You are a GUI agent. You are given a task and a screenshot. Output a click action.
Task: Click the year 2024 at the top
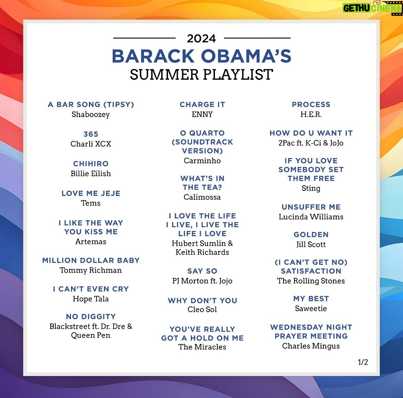(x=201, y=39)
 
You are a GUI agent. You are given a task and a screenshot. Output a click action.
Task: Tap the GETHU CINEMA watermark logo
(x=372, y=8)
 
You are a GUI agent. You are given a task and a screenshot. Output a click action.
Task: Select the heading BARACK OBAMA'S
(x=201, y=56)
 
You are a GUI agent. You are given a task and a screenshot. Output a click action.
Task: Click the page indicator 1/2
(x=363, y=362)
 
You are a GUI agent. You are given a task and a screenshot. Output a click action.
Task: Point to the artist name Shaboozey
(x=91, y=114)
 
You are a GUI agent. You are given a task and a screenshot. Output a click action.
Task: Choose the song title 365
(x=91, y=134)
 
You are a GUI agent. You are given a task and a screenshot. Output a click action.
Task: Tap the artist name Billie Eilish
(x=91, y=174)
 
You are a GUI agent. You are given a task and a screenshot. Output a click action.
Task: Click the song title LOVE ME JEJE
(x=91, y=193)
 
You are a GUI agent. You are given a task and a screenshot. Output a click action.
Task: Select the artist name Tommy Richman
(x=91, y=270)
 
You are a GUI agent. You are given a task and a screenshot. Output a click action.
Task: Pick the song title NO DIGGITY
(x=91, y=316)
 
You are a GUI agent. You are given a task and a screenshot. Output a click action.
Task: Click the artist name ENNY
(x=202, y=114)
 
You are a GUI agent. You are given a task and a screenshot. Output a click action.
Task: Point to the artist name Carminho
(x=202, y=160)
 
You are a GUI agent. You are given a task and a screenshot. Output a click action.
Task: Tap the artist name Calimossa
(x=202, y=197)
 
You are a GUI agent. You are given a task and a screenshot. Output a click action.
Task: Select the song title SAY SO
(x=202, y=271)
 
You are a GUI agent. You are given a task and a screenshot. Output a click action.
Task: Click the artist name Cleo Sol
(x=202, y=310)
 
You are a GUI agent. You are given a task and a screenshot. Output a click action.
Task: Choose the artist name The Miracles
(x=202, y=347)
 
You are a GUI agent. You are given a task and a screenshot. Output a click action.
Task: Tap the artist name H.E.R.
(x=311, y=114)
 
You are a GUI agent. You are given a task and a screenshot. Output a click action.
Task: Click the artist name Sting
(x=311, y=188)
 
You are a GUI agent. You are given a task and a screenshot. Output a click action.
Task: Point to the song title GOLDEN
(x=311, y=234)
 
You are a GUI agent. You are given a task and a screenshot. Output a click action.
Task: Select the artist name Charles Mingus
(x=311, y=346)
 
